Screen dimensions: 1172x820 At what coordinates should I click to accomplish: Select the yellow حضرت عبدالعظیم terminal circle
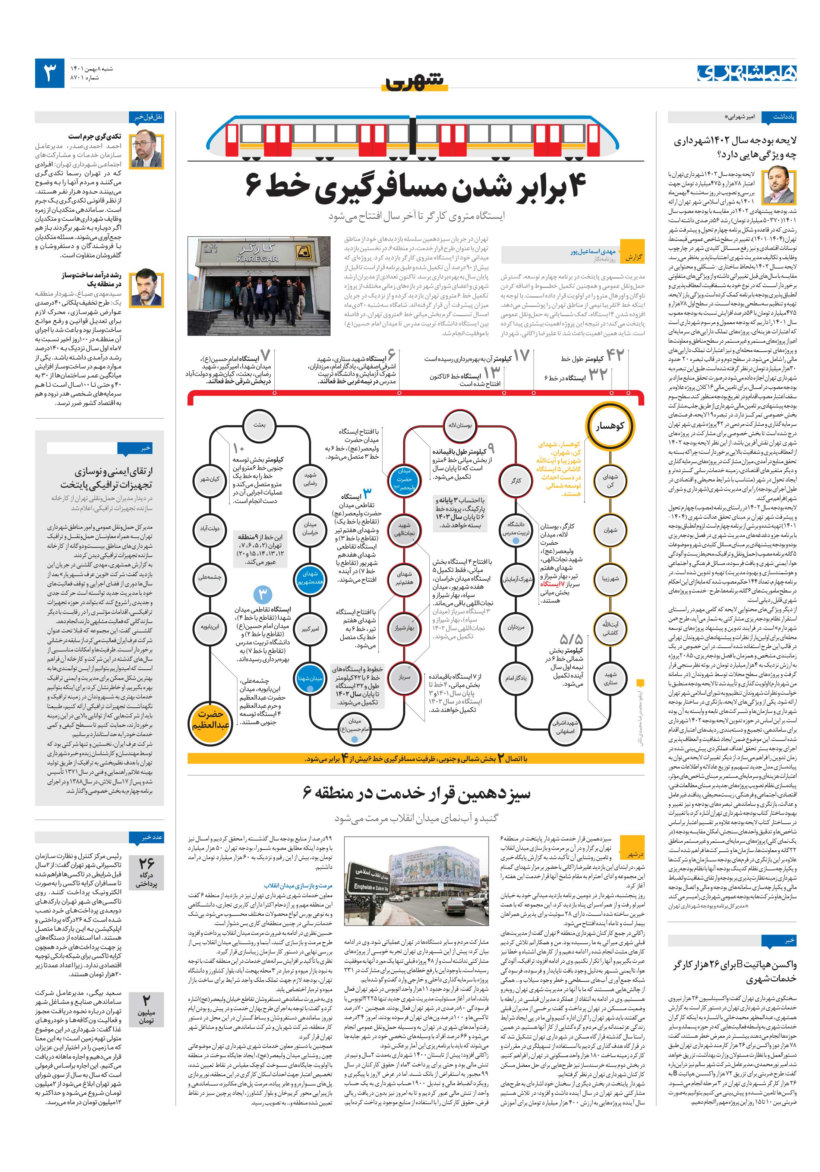click(x=211, y=719)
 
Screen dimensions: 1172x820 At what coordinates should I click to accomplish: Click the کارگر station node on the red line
click(x=516, y=480)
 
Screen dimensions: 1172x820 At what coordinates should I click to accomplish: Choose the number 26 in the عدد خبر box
click(x=146, y=862)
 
